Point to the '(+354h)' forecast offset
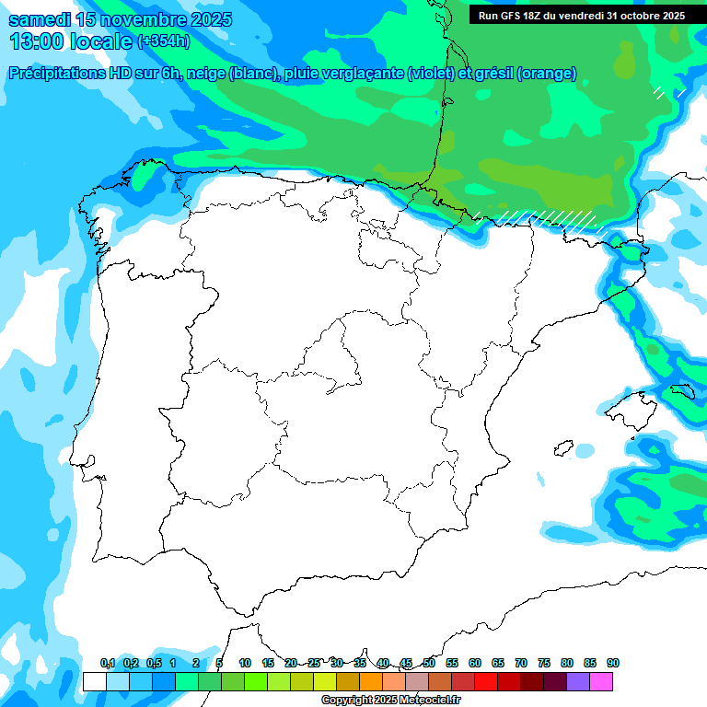(164, 41)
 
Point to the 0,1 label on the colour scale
(108, 663)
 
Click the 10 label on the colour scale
(245, 663)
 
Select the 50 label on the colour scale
(429, 663)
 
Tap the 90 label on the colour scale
(613, 663)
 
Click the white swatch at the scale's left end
(94, 681)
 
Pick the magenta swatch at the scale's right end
(601, 681)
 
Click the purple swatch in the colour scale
(578, 681)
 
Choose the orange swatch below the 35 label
(371, 681)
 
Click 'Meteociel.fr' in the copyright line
(427, 701)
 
